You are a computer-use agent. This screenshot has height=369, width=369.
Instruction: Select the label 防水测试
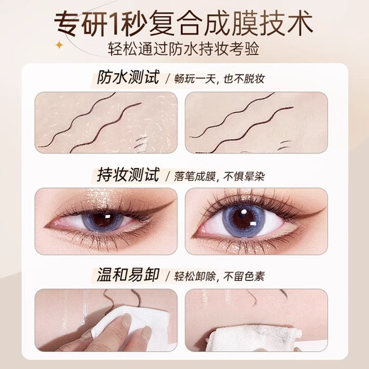coord(124,79)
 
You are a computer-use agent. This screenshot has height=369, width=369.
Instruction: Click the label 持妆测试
coord(124,175)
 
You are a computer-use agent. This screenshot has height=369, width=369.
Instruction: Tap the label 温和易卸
coord(124,273)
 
